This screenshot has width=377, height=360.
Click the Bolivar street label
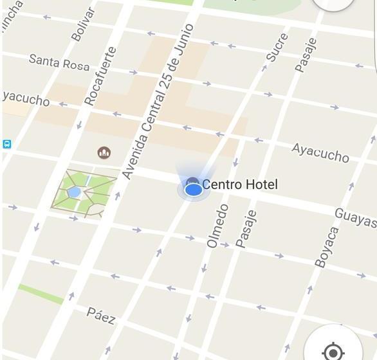83,24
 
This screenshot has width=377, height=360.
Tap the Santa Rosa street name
59,63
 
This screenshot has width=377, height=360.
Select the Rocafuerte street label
101,76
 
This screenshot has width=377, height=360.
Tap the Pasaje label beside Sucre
306,55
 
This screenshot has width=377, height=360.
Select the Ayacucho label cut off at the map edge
26,99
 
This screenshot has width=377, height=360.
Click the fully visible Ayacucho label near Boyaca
320,152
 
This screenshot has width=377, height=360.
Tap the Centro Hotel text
240,185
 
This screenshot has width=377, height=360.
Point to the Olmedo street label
217,226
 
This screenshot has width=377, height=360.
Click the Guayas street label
356,218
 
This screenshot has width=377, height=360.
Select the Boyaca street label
326,246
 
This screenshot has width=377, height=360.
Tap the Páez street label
101,315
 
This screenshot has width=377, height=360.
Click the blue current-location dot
193,190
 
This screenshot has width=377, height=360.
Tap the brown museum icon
104,152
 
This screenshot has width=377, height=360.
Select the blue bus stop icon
6,145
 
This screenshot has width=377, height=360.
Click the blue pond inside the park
75,192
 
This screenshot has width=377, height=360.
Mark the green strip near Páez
41,294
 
